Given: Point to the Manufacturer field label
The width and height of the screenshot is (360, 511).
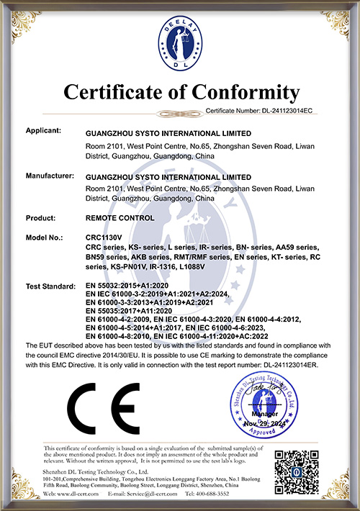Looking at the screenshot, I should pyautogui.click(x=52, y=176).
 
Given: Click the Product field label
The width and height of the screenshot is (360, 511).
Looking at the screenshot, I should pyautogui.click(x=42, y=217).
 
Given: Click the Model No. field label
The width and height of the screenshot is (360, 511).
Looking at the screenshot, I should pyautogui.click(x=47, y=238).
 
